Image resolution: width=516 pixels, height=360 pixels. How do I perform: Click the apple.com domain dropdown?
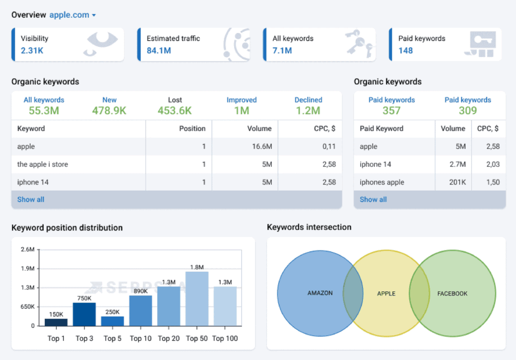click(73, 15)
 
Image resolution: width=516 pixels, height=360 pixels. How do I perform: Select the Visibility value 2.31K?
click(32, 50)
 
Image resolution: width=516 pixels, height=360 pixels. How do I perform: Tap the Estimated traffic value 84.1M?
click(158, 50)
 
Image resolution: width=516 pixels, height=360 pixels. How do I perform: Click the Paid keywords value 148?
click(406, 50)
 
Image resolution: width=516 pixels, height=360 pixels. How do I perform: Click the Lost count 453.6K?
click(175, 110)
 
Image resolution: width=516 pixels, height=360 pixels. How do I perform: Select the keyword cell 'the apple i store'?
click(43, 164)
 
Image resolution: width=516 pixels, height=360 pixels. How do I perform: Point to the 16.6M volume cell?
click(262, 147)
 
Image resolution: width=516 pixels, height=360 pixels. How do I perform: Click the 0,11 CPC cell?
click(329, 147)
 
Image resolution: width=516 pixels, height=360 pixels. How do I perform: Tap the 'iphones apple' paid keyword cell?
click(382, 182)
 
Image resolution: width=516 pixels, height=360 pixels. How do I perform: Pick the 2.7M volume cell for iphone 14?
click(457, 164)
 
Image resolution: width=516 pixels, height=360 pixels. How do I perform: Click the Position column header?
click(192, 129)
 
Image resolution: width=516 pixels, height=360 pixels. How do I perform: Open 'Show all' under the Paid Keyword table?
click(373, 200)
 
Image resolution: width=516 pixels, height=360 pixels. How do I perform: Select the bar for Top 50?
click(197, 298)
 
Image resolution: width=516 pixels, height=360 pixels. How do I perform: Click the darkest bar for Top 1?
click(56, 322)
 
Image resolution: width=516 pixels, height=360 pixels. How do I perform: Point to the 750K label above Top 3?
click(84, 298)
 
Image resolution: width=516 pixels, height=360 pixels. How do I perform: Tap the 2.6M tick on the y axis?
click(27, 250)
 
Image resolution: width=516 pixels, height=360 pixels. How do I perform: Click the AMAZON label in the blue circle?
click(320, 293)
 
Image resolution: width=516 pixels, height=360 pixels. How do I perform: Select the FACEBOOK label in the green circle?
click(452, 293)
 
